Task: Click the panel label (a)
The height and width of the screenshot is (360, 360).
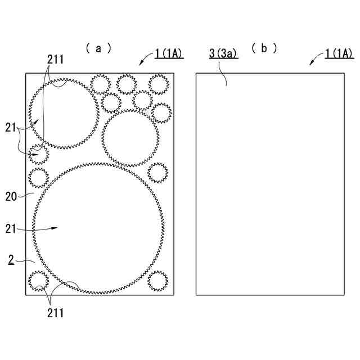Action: [x=98, y=48]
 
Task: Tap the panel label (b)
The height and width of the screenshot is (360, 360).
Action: [x=264, y=48]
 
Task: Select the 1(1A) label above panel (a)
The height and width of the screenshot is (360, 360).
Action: [x=169, y=54]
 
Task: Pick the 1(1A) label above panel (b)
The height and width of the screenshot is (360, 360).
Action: [x=339, y=54]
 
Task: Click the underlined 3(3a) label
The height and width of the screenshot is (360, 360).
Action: [x=223, y=54]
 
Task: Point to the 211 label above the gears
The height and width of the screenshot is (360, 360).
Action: [x=55, y=60]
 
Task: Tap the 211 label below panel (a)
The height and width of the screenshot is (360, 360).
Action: [x=55, y=313]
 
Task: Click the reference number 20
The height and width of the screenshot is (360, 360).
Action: [x=11, y=197]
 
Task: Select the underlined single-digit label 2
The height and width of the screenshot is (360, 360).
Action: [x=11, y=260]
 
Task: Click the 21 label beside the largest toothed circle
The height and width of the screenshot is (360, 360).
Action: [x=11, y=229]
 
